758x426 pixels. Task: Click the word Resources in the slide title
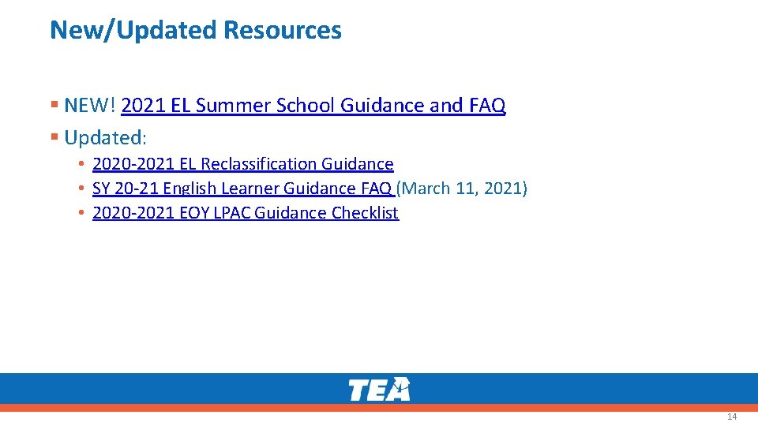(283, 30)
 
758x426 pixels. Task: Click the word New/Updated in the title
(133, 30)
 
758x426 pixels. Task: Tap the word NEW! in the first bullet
(90, 105)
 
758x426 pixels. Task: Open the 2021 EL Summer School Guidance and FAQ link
(313, 105)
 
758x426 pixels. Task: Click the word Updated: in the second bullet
(105, 137)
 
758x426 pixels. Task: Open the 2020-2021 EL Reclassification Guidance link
(242, 164)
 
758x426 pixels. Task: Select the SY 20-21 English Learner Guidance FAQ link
(242, 189)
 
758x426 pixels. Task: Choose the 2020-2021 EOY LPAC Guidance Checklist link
(246, 213)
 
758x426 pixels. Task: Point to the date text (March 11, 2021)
(462, 189)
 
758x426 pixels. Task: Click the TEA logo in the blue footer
(379, 389)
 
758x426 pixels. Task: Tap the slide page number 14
(732, 417)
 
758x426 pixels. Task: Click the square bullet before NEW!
(54, 105)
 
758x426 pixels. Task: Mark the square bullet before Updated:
(54, 137)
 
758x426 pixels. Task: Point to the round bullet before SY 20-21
(81, 189)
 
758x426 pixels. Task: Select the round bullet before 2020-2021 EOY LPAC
(81, 213)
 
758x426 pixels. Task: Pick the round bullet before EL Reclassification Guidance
(81, 164)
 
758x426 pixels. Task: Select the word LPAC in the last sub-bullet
(233, 213)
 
